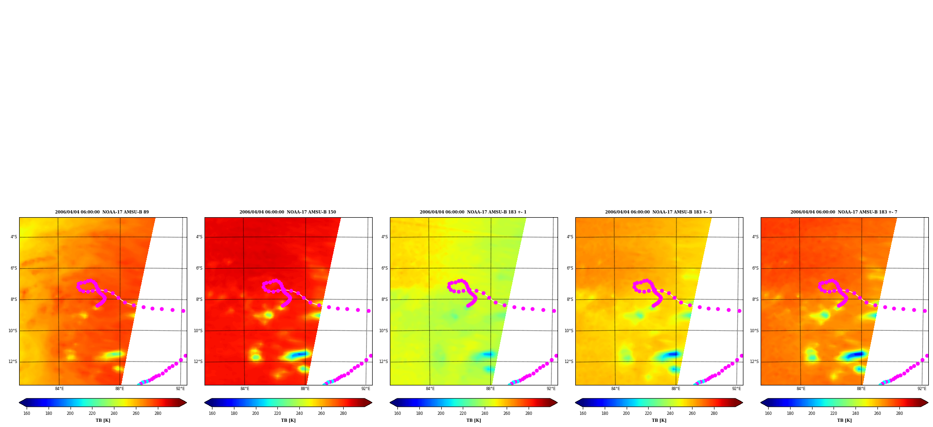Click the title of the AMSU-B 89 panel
(x=102, y=212)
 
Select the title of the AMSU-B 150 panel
(x=288, y=212)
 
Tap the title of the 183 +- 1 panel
(x=473, y=212)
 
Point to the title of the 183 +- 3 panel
(x=658, y=212)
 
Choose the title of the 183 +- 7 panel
(x=844, y=212)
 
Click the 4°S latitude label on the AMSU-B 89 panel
(x=14, y=237)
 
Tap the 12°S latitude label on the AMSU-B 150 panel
(x=198, y=362)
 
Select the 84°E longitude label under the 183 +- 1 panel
(x=430, y=389)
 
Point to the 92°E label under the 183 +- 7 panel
(x=922, y=389)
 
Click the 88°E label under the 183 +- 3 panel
(x=676, y=389)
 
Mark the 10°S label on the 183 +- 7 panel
(x=754, y=331)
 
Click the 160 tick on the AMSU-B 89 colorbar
(x=27, y=413)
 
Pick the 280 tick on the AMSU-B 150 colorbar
(x=343, y=413)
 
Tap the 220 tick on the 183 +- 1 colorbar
(x=463, y=413)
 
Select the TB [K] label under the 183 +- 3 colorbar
(x=659, y=420)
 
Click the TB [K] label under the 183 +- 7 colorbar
(x=844, y=420)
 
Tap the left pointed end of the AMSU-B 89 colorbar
(x=20, y=403)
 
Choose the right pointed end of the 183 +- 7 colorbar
(x=927, y=403)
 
